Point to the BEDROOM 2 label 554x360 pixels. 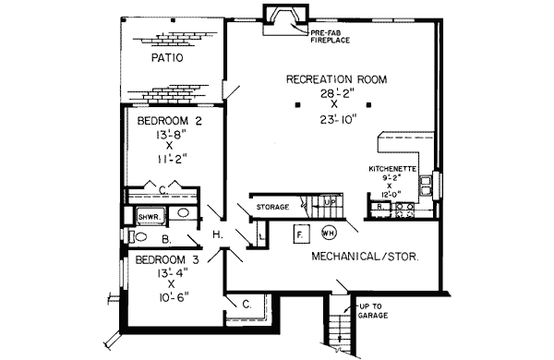click(169, 120)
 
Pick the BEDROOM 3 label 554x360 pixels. click(166, 259)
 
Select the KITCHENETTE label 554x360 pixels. click(395, 170)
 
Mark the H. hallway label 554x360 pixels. click(219, 235)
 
